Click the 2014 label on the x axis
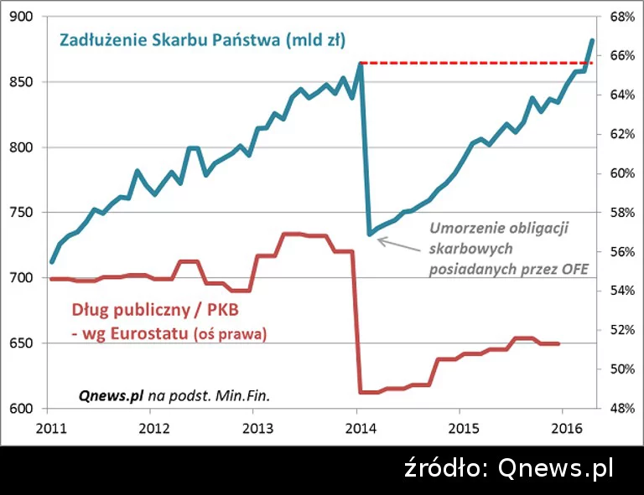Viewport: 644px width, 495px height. coord(357,425)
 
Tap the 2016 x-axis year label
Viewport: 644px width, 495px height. coord(560,425)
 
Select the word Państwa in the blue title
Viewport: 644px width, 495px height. coord(249,40)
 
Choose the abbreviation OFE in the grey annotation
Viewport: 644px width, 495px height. coord(574,269)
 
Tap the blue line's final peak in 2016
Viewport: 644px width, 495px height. coord(592,40)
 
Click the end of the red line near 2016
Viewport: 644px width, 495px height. coord(558,343)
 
